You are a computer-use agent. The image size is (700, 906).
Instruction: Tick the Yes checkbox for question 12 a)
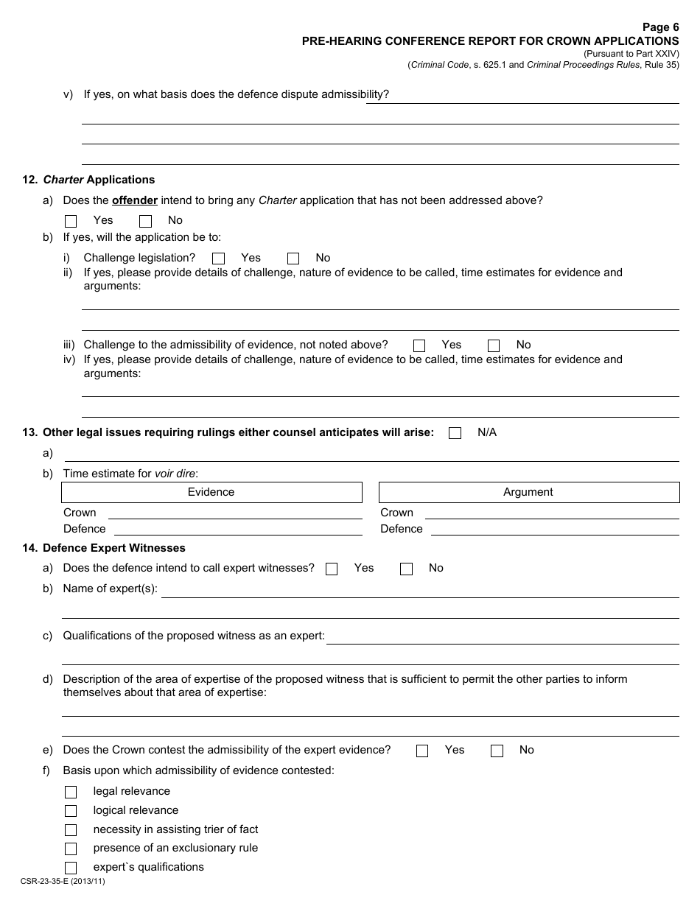[x=71, y=221]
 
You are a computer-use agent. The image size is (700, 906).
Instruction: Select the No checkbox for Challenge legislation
[x=293, y=259]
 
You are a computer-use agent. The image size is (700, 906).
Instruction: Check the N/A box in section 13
[x=455, y=433]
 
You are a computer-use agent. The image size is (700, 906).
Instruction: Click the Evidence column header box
[x=211, y=492]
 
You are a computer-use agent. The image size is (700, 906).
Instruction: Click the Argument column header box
[x=528, y=492]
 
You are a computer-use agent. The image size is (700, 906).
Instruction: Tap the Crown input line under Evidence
[x=235, y=513]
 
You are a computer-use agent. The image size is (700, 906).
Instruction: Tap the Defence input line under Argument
[x=555, y=530]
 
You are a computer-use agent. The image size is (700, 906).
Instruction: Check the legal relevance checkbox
[x=71, y=792]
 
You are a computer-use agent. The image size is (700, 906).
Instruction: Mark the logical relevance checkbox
[x=71, y=811]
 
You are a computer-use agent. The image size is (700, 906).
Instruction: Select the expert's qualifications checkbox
[x=71, y=868]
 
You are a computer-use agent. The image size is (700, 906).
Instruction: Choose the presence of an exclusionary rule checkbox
[x=71, y=849]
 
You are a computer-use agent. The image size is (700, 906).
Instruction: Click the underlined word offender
[x=135, y=200]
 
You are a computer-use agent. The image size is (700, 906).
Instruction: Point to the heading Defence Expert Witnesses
[x=114, y=548]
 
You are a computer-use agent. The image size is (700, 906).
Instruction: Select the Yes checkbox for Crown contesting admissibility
[x=422, y=751]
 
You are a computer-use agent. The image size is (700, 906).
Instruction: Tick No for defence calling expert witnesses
[x=406, y=569]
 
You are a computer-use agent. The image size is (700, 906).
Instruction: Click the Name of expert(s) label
[x=111, y=589]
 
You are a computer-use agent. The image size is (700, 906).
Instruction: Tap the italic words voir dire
[x=175, y=474]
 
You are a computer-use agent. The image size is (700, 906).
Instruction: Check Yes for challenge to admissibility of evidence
[x=419, y=345]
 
